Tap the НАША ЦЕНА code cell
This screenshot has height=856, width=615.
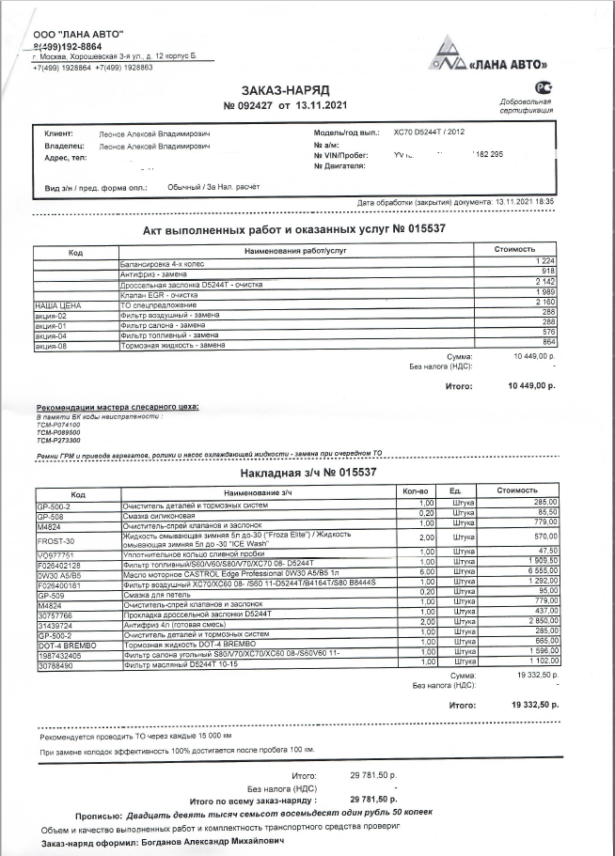point(58,306)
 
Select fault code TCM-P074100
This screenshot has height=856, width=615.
point(58,426)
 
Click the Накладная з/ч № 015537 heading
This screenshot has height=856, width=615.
point(308,472)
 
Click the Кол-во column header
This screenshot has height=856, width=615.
point(415,491)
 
